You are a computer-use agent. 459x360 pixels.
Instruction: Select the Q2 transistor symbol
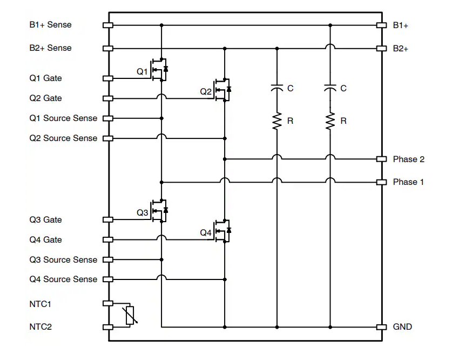[223, 89]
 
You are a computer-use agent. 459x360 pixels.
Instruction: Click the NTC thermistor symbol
[130, 315]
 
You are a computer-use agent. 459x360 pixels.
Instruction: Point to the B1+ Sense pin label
[50, 25]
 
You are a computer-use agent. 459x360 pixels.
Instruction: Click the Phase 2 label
[408, 159]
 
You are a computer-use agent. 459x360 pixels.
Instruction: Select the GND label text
[402, 326]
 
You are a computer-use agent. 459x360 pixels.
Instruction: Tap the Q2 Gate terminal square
[108, 98]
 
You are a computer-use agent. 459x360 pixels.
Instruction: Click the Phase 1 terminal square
[382, 182]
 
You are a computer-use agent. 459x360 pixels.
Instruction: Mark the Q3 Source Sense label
[63, 259]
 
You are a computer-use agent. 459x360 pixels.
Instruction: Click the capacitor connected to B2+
[277, 88]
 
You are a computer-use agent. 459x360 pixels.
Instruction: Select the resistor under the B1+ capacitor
[330, 121]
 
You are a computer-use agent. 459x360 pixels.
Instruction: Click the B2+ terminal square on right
[382, 48]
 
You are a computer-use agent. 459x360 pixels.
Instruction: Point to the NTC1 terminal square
[108, 304]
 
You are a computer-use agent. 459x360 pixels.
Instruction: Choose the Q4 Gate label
[45, 239]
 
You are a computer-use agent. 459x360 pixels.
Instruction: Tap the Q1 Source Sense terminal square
[108, 118]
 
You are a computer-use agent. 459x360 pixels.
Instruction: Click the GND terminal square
[382, 327]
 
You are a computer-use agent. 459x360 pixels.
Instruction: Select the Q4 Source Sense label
[63, 279]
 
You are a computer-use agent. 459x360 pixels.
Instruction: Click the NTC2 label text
[40, 326]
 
